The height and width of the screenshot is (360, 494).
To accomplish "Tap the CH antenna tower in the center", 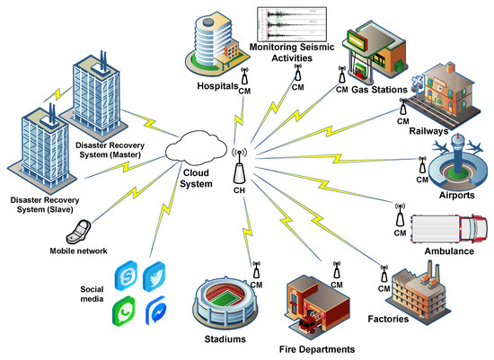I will pyautogui.click(x=240, y=168).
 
